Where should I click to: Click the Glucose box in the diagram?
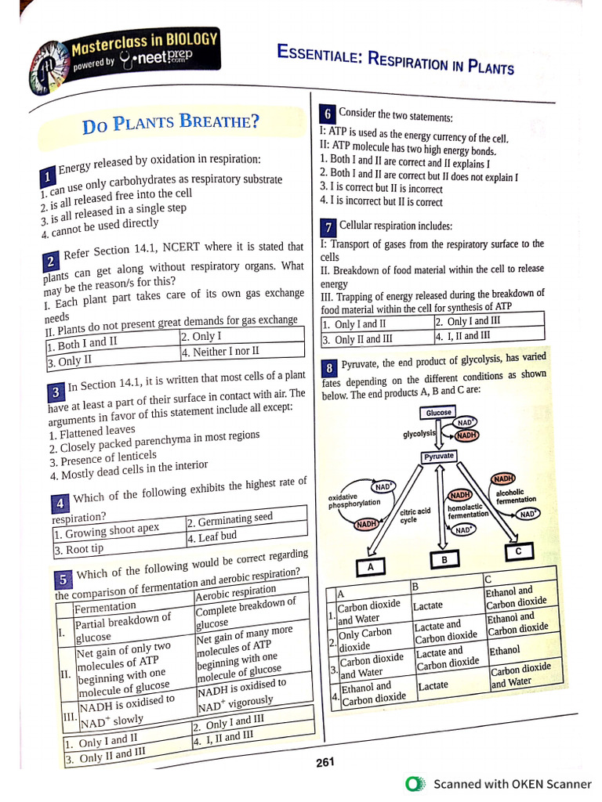tap(439, 413)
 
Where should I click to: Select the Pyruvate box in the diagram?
tap(439, 456)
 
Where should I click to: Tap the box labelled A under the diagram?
tap(372, 566)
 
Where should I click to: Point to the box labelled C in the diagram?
tap(518, 552)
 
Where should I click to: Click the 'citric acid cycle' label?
tap(415, 515)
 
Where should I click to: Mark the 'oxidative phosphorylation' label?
tap(354, 500)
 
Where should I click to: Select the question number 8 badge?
tap(330, 367)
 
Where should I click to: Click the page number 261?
tap(325, 763)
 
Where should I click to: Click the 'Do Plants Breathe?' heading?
tap(171, 124)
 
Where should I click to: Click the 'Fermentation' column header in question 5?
tap(105, 606)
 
